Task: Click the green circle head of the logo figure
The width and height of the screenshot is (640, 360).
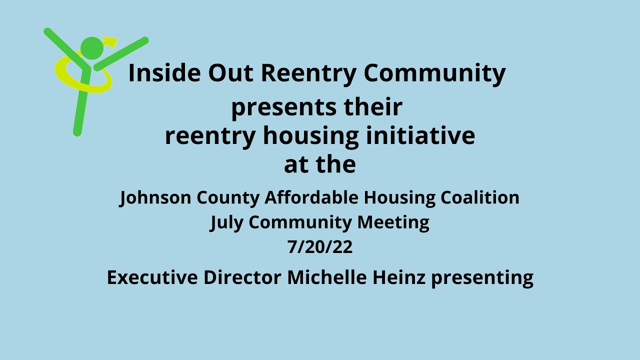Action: [x=91, y=48]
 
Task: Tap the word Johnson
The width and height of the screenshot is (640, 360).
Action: [x=154, y=197]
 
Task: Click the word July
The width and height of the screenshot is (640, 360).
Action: [x=226, y=222]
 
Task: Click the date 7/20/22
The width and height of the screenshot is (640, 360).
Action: [x=320, y=247]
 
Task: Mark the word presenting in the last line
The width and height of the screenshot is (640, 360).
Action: [x=482, y=278]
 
